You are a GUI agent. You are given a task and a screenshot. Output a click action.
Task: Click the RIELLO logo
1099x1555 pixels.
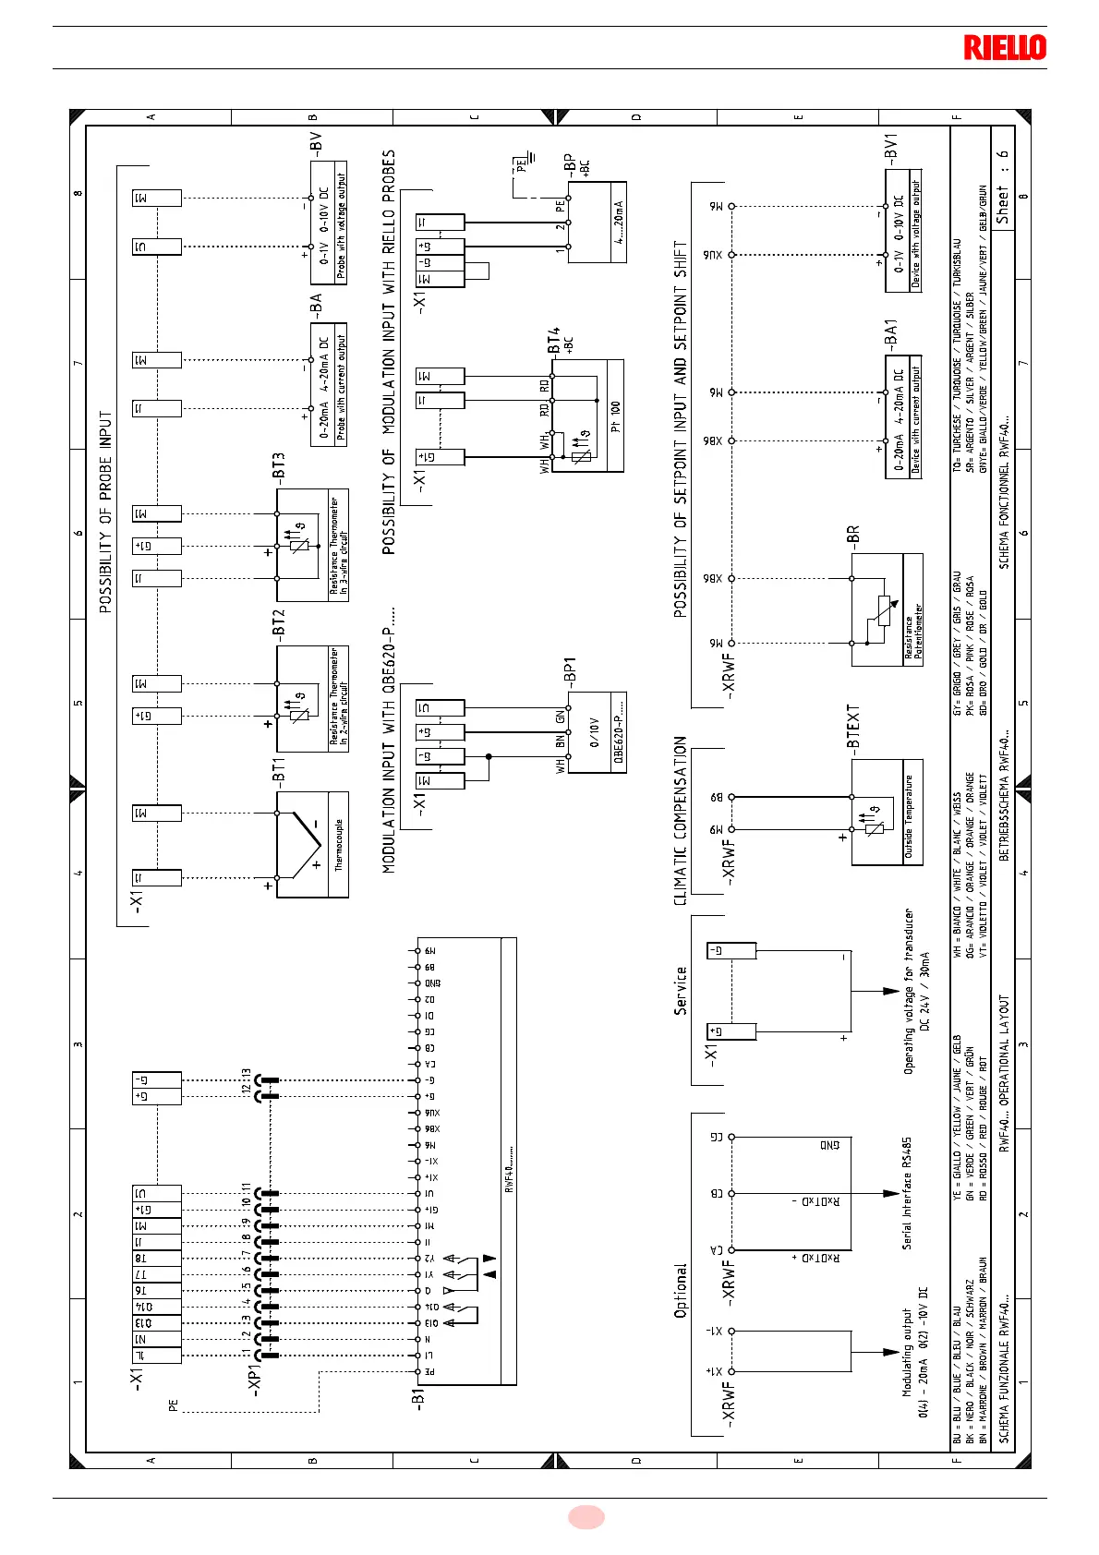pyautogui.click(x=1005, y=47)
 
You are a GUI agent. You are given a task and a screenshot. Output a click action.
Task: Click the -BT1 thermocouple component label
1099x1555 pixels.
pyautogui.click(x=279, y=770)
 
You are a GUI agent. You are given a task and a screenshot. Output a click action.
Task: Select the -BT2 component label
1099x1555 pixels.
pyautogui.click(x=279, y=621)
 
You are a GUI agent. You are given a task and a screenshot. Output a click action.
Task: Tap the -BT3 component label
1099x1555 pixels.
pyautogui.click(x=279, y=465)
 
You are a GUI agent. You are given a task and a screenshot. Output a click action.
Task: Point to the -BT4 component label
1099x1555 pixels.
pyautogui.click(x=554, y=341)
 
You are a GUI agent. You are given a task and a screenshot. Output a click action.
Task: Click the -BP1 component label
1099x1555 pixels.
pyautogui.click(x=570, y=672)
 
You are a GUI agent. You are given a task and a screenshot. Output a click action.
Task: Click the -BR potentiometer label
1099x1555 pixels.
pyautogui.click(x=853, y=536)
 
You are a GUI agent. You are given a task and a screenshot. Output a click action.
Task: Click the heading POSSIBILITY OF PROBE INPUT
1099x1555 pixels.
pyautogui.click(x=106, y=512)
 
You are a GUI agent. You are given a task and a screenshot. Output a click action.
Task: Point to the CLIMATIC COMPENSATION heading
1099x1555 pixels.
pyautogui.click(x=681, y=820)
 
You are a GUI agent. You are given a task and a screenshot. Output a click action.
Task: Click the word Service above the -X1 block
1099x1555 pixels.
pyautogui.click(x=681, y=991)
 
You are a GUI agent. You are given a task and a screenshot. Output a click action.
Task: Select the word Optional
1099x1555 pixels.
pyautogui.click(x=681, y=1290)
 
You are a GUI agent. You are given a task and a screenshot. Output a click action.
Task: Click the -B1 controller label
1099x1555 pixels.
pyautogui.click(x=417, y=1396)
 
